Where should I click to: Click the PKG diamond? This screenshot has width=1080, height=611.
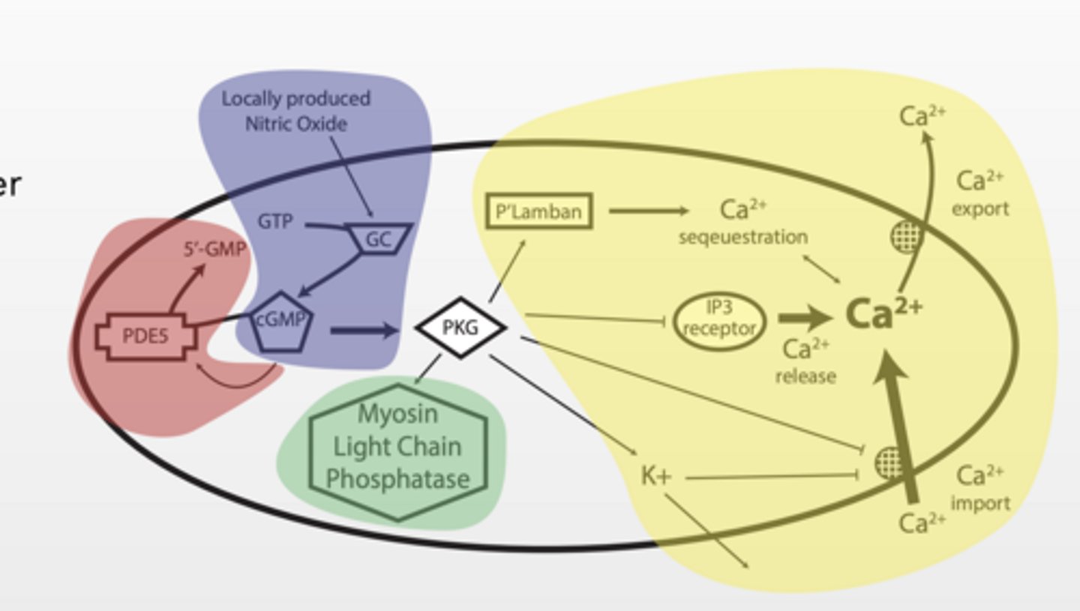tap(460, 328)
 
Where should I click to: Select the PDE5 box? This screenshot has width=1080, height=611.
tap(145, 335)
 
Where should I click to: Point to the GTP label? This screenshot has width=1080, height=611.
tap(275, 223)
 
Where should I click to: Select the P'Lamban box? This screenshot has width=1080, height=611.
tap(539, 211)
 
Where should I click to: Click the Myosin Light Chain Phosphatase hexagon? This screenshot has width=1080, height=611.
tap(397, 447)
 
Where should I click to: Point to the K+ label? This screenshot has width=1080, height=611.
tap(656, 475)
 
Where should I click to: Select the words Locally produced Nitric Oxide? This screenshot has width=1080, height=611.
tap(296, 111)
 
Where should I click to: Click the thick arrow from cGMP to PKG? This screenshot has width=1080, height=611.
tap(361, 330)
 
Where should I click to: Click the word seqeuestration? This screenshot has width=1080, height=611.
tap(743, 238)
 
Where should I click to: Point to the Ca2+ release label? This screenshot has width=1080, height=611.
tap(805, 361)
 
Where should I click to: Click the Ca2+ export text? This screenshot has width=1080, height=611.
tap(980, 193)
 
